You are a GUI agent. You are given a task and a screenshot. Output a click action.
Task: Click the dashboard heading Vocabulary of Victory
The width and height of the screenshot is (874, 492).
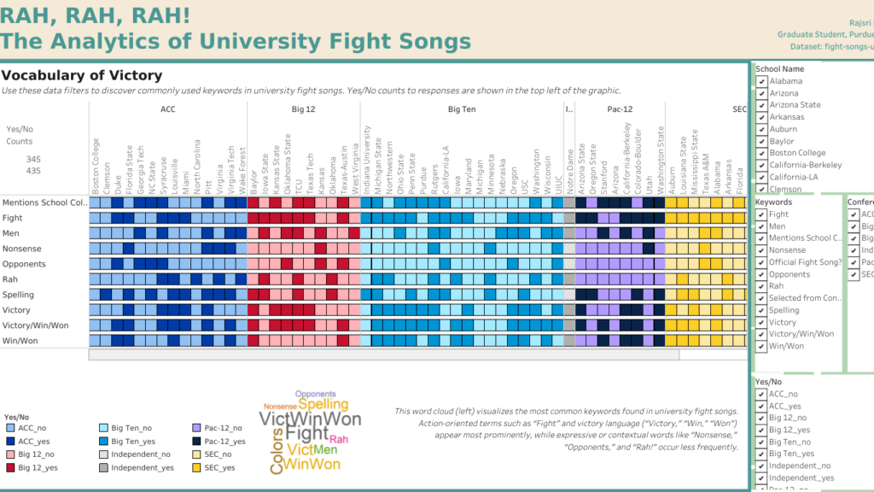coord(82,76)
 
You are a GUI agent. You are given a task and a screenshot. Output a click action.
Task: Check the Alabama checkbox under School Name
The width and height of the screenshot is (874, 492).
coord(761,81)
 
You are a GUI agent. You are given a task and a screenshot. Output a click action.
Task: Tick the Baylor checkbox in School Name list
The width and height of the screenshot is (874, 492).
coord(761,141)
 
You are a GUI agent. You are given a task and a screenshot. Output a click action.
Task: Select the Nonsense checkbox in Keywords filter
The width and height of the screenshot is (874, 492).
coord(761,250)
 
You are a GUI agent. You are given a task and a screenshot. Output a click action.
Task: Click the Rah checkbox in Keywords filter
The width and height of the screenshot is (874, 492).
coord(761,286)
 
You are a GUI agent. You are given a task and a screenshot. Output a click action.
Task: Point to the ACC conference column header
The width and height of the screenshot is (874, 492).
coord(167,110)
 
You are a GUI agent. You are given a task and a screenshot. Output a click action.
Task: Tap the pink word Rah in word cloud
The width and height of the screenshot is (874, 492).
coord(339,439)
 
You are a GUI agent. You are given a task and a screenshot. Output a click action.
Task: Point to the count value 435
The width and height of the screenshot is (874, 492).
coord(33,172)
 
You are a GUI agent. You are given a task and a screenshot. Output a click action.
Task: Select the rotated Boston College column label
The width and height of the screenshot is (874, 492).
coord(95,166)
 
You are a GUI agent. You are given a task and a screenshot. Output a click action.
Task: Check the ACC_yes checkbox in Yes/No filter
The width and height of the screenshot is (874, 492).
coord(761,406)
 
